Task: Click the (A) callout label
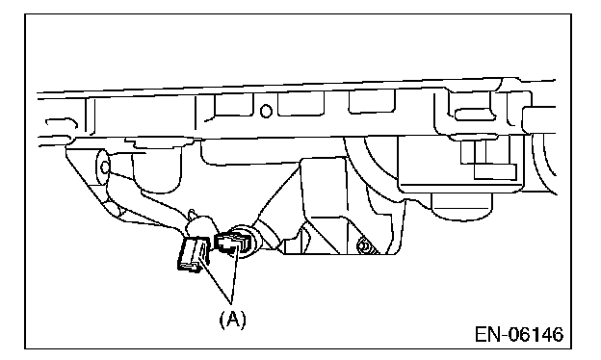tap(232, 319)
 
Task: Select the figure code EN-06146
tap(519, 334)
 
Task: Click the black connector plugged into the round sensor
tap(231, 244)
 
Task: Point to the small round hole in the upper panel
tap(266, 111)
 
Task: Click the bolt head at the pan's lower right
tap(364, 246)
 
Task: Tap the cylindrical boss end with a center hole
tap(103, 167)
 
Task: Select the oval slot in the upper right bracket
tap(470, 113)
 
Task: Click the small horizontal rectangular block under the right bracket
tap(495, 171)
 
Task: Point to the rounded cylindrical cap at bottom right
tap(461, 207)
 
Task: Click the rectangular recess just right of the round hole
tap(300, 103)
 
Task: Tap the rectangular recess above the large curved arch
tap(371, 101)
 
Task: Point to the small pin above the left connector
tap(193, 215)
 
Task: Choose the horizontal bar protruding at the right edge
tap(539, 120)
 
